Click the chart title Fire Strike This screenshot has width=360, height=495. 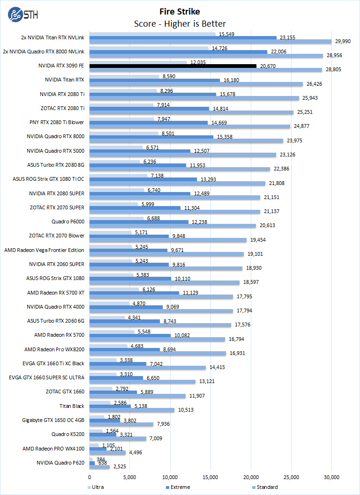click(180, 12)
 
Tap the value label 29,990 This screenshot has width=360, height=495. click(343, 42)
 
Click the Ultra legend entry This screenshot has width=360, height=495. click(96, 487)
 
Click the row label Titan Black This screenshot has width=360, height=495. click(72, 406)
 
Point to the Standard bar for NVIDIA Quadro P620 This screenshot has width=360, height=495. click(99, 467)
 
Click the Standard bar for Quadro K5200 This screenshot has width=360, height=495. click(118, 439)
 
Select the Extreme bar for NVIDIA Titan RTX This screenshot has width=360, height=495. click(154, 80)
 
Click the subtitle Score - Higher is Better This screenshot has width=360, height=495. click(180, 24)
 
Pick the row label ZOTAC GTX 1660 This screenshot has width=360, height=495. click(65, 392)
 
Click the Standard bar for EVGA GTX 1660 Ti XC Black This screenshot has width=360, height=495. click(147, 368)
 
